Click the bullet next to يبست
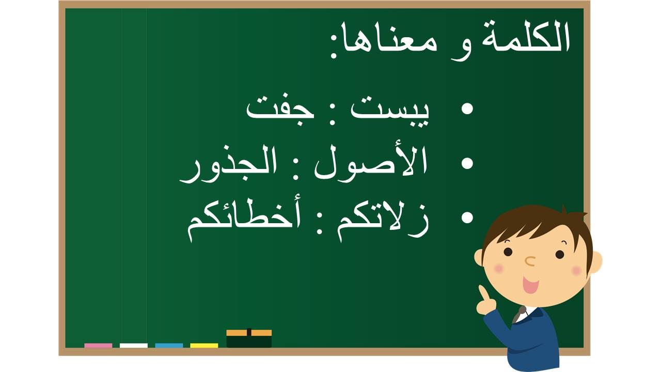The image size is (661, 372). pyautogui.click(x=467, y=109)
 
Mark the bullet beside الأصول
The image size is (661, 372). pyautogui.click(x=467, y=163)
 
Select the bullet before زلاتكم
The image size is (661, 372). pyautogui.click(x=467, y=218)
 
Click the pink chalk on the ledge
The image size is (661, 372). pyautogui.click(x=98, y=346)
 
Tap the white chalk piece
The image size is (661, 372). pyautogui.click(x=134, y=346)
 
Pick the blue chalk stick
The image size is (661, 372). pyautogui.click(x=169, y=346)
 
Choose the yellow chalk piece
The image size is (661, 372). pyautogui.click(x=204, y=346)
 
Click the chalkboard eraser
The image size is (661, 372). pyautogui.click(x=249, y=338)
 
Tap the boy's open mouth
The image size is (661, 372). pyautogui.click(x=530, y=285)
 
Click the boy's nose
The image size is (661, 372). pyautogui.click(x=530, y=261)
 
